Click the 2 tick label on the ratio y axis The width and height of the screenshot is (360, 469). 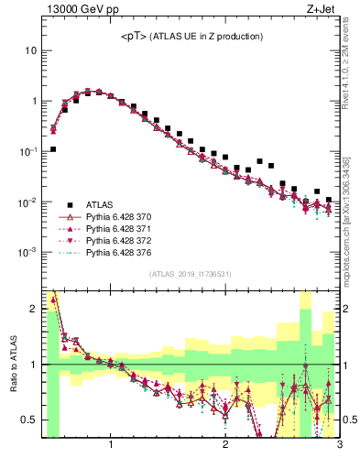click(33, 309)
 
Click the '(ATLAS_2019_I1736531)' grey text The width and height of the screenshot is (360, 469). click(190, 274)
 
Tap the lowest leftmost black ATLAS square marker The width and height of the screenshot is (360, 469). click(53, 148)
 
